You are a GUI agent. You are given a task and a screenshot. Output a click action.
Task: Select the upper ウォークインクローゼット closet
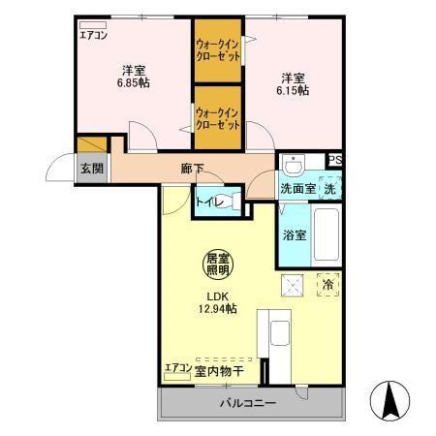tap(218, 50)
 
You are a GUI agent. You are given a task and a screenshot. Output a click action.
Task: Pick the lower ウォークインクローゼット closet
tap(218, 119)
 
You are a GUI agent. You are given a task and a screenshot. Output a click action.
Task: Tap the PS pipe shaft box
tap(334, 161)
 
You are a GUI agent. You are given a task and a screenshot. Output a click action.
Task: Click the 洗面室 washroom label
tap(297, 188)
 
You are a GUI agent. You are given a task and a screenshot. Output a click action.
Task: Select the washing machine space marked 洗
tap(330, 187)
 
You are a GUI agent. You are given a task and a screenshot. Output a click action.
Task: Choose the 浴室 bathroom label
tap(295, 235)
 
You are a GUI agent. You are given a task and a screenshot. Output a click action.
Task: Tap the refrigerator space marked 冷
tap(328, 286)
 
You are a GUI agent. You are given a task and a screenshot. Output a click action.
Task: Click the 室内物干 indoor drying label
tap(218, 369)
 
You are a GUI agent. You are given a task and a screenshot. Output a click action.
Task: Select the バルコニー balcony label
tap(247, 402)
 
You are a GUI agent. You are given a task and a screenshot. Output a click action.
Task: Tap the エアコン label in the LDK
tap(176, 368)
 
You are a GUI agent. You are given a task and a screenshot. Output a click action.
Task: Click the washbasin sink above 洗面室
tap(296, 163)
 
